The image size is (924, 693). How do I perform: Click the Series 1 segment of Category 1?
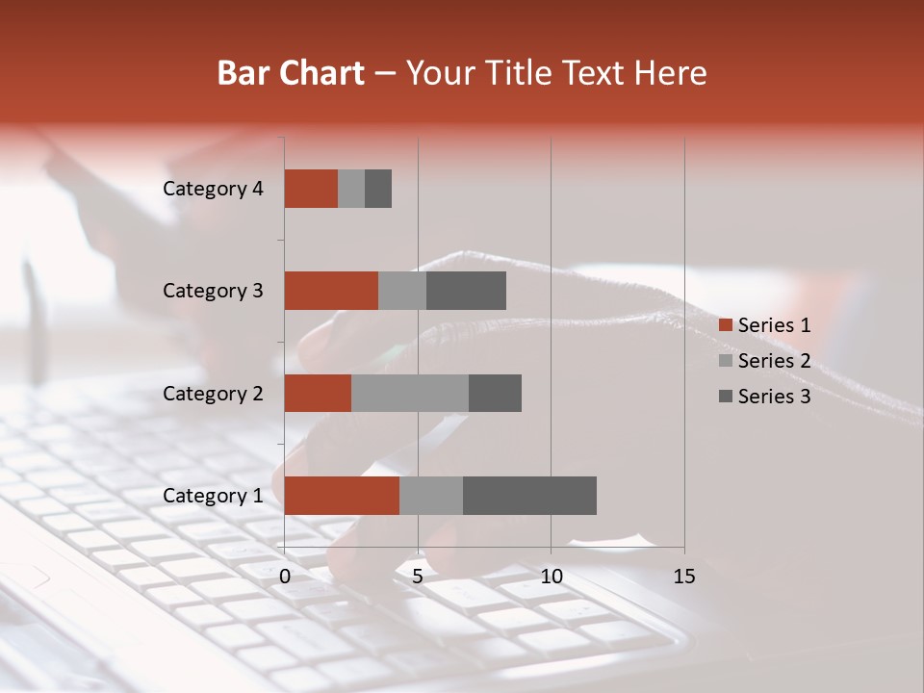pyautogui.click(x=342, y=496)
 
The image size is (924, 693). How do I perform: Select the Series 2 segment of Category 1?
pyautogui.click(x=431, y=496)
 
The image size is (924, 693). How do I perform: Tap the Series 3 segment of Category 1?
pyautogui.click(x=529, y=496)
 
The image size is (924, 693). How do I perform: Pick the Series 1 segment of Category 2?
pyautogui.click(x=318, y=393)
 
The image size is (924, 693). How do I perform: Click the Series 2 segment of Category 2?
pyautogui.click(x=410, y=393)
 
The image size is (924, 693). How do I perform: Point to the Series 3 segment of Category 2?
pyautogui.click(x=495, y=393)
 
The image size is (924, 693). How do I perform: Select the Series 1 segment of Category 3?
pyautogui.click(x=331, y=291)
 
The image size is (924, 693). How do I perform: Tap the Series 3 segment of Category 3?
pyautogui.click(x=466, y=291)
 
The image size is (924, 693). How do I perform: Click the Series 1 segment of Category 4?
pyautogui.click(x=311, y=189)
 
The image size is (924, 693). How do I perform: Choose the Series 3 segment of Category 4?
pyautogui.click(x=378, y=189)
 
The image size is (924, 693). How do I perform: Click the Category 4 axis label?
pyautogui.click(x=213, y=189)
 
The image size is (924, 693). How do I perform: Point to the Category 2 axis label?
pyautogui.click(x=213, y=393)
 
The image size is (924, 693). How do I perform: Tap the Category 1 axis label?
pyautogui.click(x=213, y=496)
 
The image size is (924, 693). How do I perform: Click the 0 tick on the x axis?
pyautogui.click(x=285, y=577)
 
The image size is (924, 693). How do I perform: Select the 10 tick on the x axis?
pyautogui.click(x=551, y=577)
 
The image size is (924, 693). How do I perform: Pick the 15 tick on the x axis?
pyautogui.click(x=684, y=577)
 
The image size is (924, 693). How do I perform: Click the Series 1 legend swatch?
pyautogui.click(x=726, y=325)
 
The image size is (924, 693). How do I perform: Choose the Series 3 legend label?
pyautogui.click(x=774, y=396)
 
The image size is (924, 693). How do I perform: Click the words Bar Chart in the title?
pyautogui.click(x=291, y=73)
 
